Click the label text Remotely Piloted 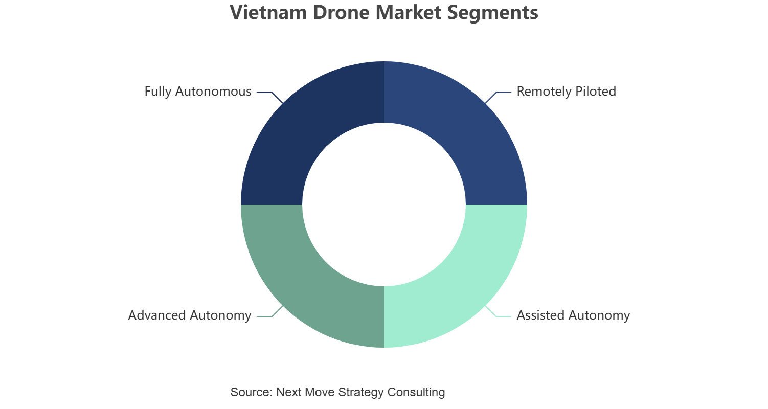click(x=566, y=92)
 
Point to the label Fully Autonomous click(x=198, y=92)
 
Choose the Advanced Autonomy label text click(x=190, y=315)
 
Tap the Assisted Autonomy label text click(x=573, y=315)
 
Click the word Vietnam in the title click(x=268, y=12)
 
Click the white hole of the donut click(x=384, y=204)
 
